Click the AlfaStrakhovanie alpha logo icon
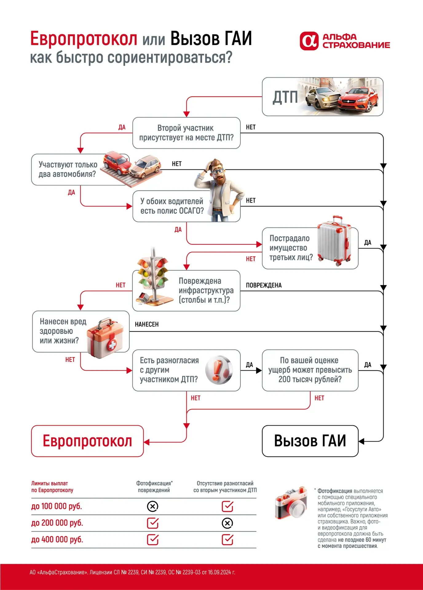[x=309, y=41]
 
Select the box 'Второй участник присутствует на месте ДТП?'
[x=186, y=133]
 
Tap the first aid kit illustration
[x=105, y=338]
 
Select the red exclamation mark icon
[x=219, y=370]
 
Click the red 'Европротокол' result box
[x=87, y=441]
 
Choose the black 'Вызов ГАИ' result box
[x=310, y=441]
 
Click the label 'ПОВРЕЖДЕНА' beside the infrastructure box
[x=264, y=285]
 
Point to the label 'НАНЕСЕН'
[x=147, y=324]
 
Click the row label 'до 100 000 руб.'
[x=57, y=506]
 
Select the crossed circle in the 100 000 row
[x=152, y=506]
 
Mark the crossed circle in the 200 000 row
[x=227, y=523]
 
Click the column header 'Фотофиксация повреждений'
[x=154, y=487]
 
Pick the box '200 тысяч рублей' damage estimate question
[x=310, y=370]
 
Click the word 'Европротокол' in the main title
[x=84, y=39]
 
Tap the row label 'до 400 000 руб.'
[x=57, y=540]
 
